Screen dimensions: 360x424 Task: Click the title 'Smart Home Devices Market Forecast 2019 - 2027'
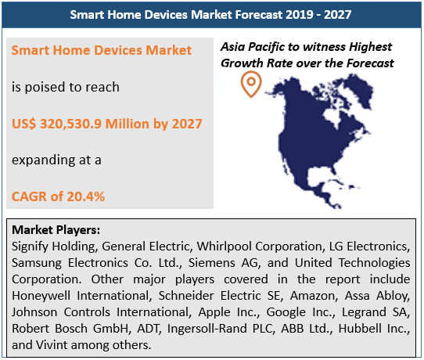click(211, 14)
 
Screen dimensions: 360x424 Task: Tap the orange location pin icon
click(251, 85)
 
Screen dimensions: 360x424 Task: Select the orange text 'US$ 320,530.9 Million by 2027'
click(107, 123)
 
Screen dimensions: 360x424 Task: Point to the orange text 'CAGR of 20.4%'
click(58, 196)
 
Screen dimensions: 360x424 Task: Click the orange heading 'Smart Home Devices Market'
click(102, 50)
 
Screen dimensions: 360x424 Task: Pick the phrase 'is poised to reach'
click(66, 87)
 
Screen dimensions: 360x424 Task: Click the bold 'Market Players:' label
click(56, 231)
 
